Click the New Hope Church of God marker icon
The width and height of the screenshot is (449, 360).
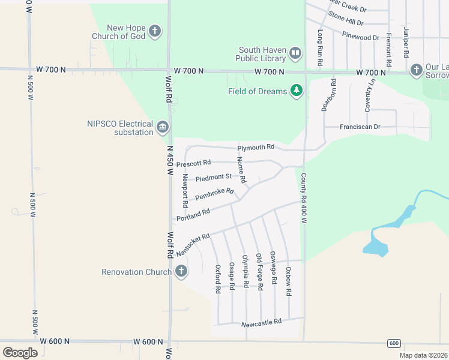[155, 31]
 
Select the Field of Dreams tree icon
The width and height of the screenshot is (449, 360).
[296, 91]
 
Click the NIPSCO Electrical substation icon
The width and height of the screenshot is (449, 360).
[162, 127]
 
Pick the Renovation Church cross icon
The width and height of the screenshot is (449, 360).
[181, 271]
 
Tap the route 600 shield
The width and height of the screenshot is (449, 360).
[394, 343]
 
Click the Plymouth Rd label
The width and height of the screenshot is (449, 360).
[256, 147]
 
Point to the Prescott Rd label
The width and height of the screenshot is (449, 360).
[193, 163]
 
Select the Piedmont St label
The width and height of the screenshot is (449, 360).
[214, 177]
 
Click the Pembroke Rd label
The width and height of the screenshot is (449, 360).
[214, 194]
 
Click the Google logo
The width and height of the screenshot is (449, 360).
[20, 352]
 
